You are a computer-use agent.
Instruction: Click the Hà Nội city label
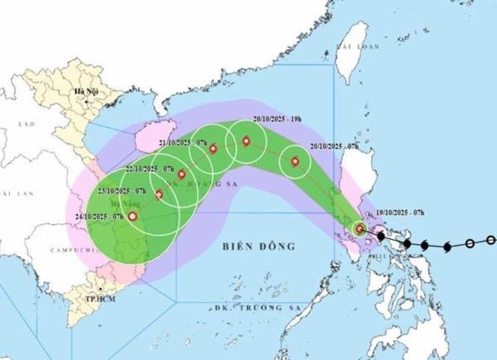[x=83, y=91]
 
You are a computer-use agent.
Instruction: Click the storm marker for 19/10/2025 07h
[x=359, y=228]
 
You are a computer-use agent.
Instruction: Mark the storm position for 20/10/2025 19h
[x=246, y=141]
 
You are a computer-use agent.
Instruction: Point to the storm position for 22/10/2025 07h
[x=181, y=175]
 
